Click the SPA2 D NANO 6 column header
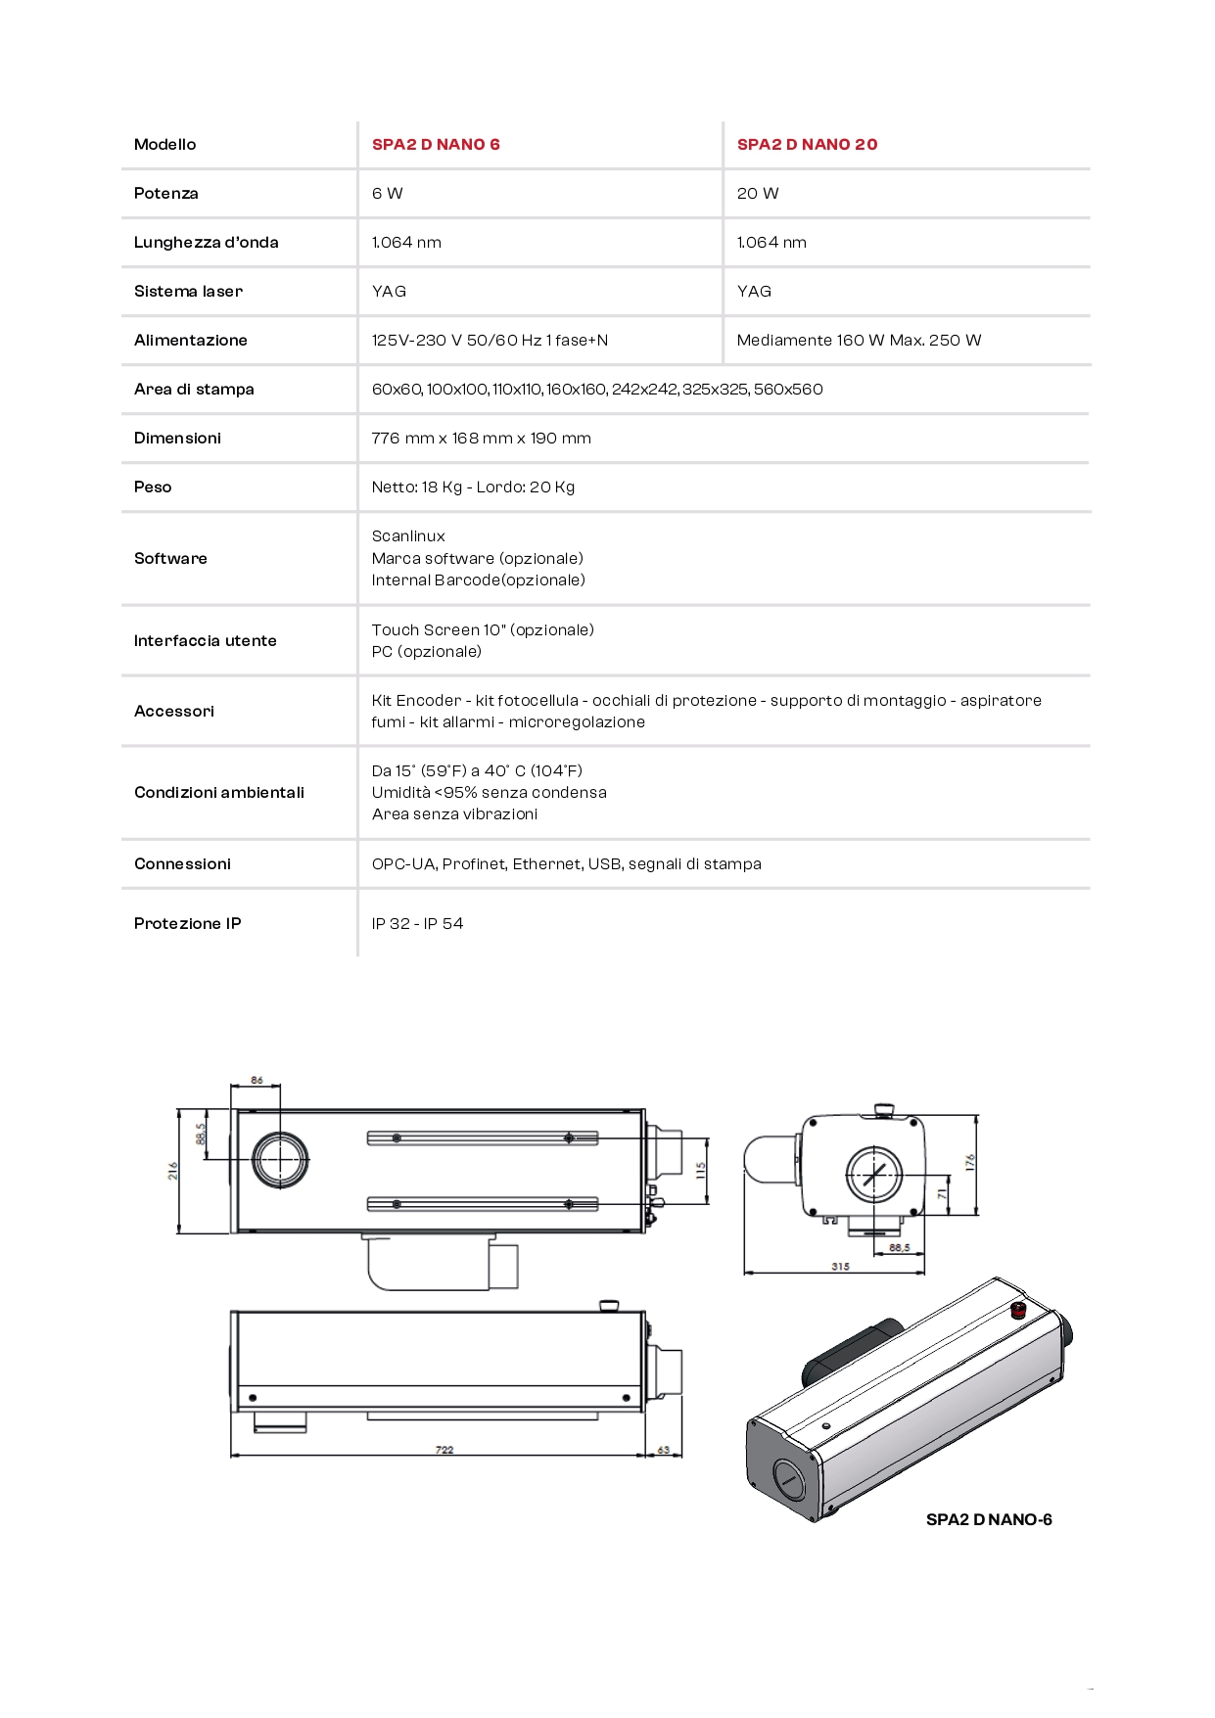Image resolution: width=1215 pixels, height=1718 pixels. [436, 145]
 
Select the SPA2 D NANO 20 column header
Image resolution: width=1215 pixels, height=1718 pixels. [807, 145]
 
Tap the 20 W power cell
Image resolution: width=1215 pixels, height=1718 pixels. [758, 194]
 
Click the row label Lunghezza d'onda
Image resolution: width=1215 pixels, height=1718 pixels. [206, 243]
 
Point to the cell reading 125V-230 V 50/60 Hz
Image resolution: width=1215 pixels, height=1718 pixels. [490, 341]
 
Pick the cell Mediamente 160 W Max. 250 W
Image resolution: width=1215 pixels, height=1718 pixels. [859, 341]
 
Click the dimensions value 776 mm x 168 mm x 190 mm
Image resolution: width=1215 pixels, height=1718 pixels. [481, 439]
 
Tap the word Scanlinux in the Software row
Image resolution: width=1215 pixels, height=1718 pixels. [408, 536]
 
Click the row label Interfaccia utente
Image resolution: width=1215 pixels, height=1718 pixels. [205, 641]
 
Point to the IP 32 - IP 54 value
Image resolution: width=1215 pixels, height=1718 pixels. [417, 924]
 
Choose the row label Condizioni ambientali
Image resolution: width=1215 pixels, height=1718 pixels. [218, 793]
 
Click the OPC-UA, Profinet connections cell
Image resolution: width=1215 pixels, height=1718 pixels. [566, 864]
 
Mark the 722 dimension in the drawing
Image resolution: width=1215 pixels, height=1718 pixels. [444, 1450]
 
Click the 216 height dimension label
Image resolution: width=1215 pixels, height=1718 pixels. [173, 1170]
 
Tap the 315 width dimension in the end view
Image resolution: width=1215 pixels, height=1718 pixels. [840, 1267]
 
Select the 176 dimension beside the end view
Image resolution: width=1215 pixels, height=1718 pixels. [969, 1162]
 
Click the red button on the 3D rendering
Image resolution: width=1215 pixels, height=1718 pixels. [1018, 1310]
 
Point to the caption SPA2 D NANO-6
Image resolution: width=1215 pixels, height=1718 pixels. [989, 1520]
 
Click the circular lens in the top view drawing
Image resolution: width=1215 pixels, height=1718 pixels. [281, 1159]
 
